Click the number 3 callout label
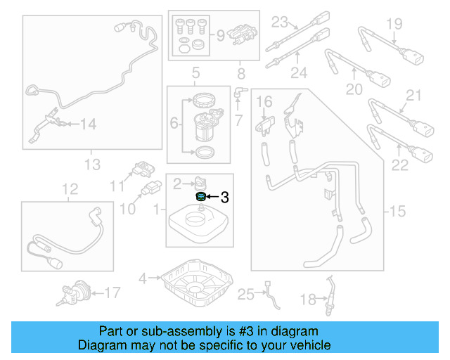click(225, 198)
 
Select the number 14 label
click(87, 124)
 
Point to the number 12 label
click(69, 189)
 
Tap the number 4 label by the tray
click(143, 278)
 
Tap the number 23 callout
click(281, 20)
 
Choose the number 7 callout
click(239, 121)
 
